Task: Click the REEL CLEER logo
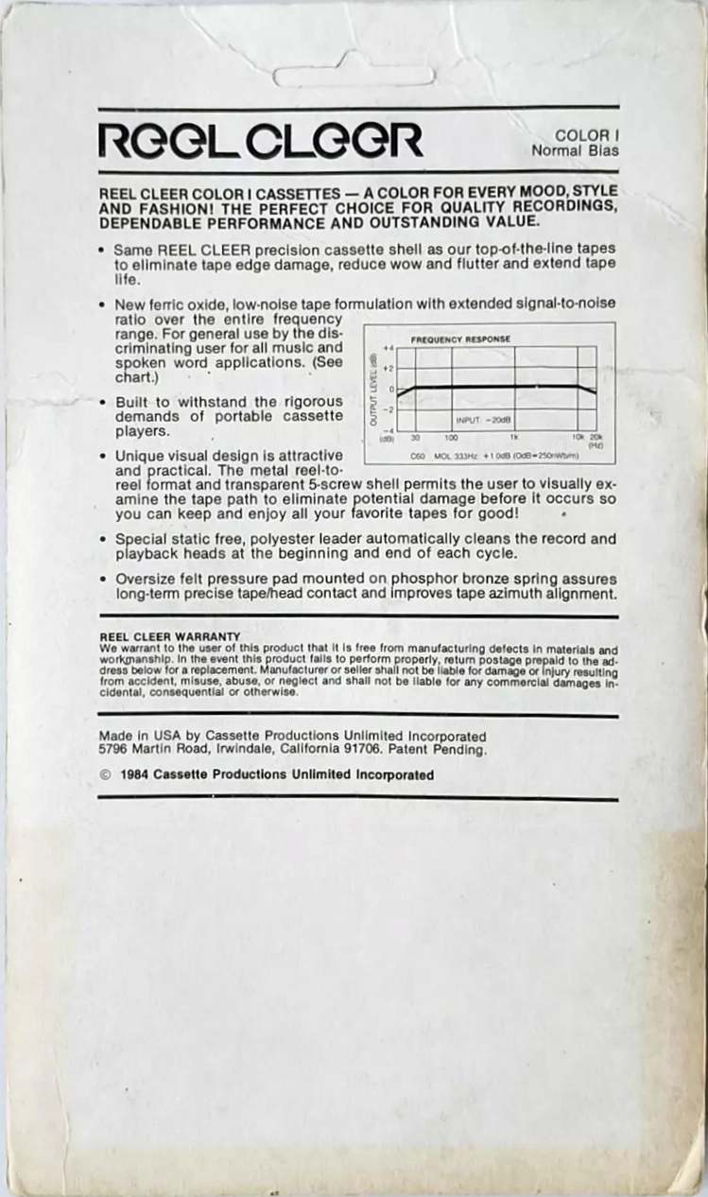coord(260,140)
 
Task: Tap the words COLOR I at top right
coord(581,135)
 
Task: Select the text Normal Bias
coord(575,149)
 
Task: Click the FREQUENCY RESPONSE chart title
coord(461,338)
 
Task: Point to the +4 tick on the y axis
coord(388,348)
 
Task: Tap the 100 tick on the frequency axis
coord(451,438)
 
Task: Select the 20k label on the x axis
coord(596,438)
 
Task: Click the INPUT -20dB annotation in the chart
coord(484,419)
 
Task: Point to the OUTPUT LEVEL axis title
coord(374,390)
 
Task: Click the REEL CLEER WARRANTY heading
coord(169,636)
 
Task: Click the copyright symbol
coord(105,774)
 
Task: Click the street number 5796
coord(114,750)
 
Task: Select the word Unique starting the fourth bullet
coord(138,456)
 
